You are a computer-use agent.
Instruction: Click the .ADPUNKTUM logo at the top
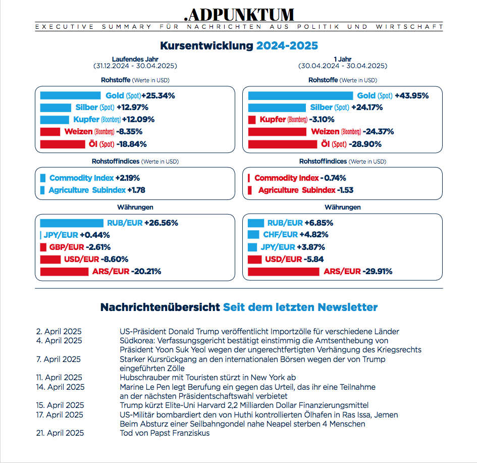(x=239, y=14)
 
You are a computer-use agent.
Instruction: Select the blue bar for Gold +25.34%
(x=70, y=95)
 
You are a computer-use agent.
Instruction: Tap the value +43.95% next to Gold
(x=411, y=95)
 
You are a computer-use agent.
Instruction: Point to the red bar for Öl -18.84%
(x=63, y=144)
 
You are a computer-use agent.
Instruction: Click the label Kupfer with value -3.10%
(x=273, y=120)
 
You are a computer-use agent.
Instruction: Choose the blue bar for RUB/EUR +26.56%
(x=71, y=223)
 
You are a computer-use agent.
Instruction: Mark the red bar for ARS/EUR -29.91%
(x=284, y=272)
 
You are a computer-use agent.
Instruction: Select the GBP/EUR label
(x=66, y=247)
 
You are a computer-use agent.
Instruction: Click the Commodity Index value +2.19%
(x=127, y=178)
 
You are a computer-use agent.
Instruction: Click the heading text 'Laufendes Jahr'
(x=135, y=59)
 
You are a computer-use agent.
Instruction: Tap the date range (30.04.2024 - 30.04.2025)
(x=343, y=66)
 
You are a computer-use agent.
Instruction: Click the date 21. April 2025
(x=60, y=433)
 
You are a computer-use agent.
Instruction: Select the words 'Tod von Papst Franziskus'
(x=165, y=433)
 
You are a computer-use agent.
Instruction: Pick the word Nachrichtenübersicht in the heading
(x=160, y=307)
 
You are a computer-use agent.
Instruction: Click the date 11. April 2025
(x=59, y=378)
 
